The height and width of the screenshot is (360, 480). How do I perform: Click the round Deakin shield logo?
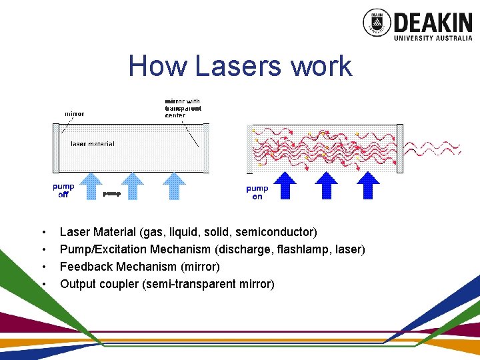(x=377, y=22)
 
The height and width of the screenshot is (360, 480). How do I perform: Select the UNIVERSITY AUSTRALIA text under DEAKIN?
(x=433, y=38)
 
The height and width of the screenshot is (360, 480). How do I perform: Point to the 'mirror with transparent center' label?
(x=183, y=109)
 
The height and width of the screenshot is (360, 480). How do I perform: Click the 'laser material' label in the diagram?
(x=93, y=143)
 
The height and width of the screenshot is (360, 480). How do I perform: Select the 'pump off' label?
(x=63, y=191)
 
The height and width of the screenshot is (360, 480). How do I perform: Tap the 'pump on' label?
(x=257, y=193)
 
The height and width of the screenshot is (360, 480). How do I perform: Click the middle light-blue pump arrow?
(x=133, y=186)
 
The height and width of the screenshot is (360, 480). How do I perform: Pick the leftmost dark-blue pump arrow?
(x=287, y=185)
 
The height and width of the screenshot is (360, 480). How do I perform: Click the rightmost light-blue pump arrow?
(x=175, y=186)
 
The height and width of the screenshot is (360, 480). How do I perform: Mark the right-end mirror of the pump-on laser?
(x=400, y=148)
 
